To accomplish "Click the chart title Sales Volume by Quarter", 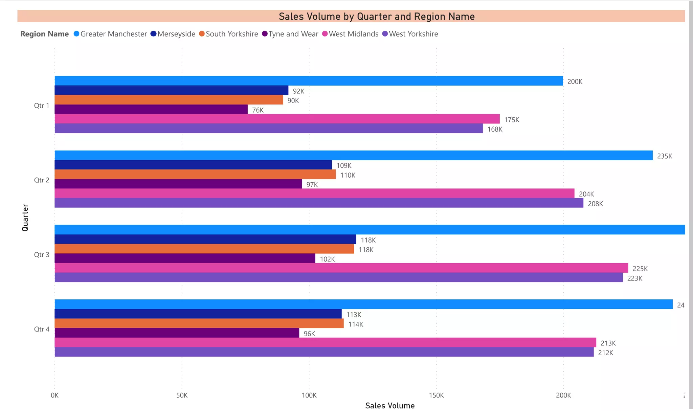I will coord(376,16).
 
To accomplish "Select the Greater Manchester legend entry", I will coord(113,34).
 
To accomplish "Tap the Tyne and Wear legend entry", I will coord(293,34).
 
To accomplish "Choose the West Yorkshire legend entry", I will coord(413,34).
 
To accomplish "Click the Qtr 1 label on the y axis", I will coord(41,106).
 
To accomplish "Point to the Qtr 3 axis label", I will coord(41,254).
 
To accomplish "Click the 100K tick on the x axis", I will coord(309,395).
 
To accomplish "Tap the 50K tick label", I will coord(182,395).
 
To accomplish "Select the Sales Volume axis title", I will coord(390,406).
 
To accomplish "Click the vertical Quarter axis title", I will coord(25,217).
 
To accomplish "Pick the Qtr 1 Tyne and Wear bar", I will coord(151,109).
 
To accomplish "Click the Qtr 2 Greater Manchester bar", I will coord(353,155).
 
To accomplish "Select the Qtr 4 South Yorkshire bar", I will coord(199,323).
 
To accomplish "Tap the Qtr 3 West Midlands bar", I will coord(341,268).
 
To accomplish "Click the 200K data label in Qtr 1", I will coord(575,82).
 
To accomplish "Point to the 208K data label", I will coord(595,204).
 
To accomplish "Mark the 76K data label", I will coord(258,110).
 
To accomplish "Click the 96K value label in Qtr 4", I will coord(309,334).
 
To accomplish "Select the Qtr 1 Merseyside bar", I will coord(171,90).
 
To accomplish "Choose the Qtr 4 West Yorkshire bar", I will coord(324,352).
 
